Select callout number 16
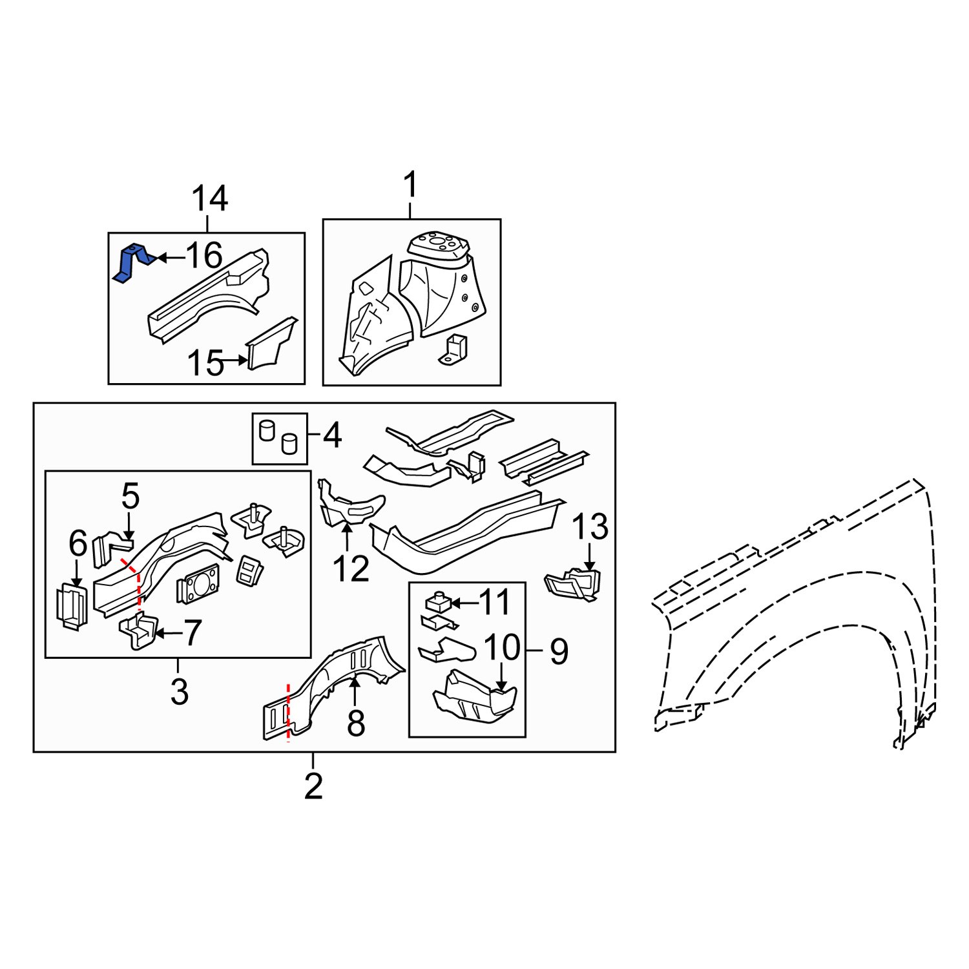tap(204, 256)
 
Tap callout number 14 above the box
tap(209, 198)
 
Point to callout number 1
tap(410, 185)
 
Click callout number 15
tap(205, 364)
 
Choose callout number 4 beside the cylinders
tap(331, 437)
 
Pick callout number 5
tap(130, 497)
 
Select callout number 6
tap(78, 544)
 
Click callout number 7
tap(193, 633)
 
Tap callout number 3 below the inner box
tap(179, 692)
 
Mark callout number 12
tap(351, 568)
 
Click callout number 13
tap(590, 526)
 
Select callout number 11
tap(494, 603)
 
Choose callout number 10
tap(502, 647)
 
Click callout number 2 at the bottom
tap(313, 786)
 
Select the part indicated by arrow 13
tap(574, 583)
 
